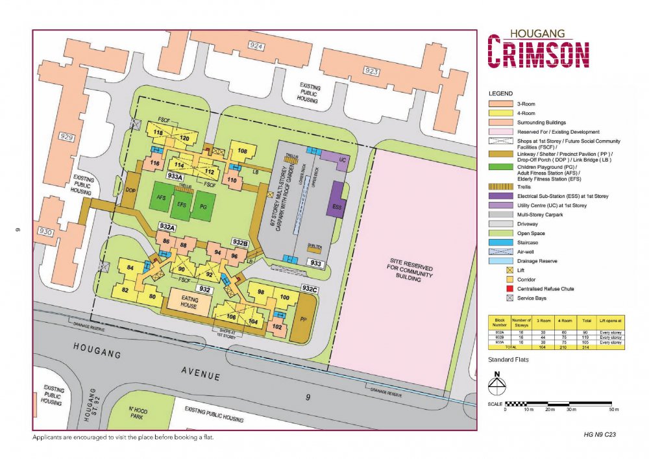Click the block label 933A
pyautogui.click(x=175, y=176)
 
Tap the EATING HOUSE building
pyautogui.click(x=189, y=301)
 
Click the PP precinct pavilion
pyautogui.click(x=303, y=319)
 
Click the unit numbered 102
pyautogui.click(x=277, y=327)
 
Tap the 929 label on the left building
pyautogui.click(x=65, y=137)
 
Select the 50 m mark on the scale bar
pyautogui.click(x=611, y=410)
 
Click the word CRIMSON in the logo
pyautogui.click(x=539, y=53)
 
